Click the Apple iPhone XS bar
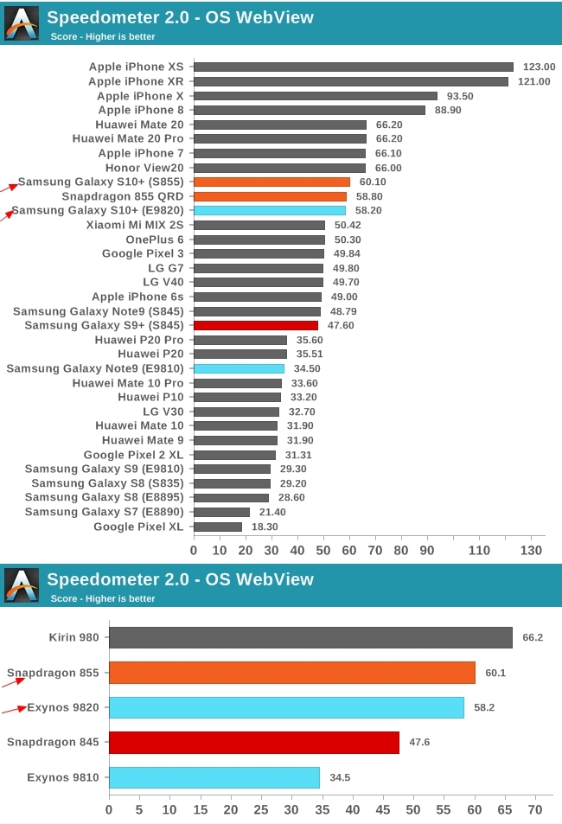point(354,67)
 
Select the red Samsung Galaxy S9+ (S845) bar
point(256,325)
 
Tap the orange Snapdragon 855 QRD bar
point(270,196)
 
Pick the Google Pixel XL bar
point(218,527)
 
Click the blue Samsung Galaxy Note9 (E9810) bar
point(239,368)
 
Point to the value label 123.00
point(540,67)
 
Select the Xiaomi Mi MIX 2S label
point(134,225)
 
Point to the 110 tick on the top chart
point(479,551)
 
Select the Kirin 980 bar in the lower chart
point(310,638)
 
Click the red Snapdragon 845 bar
point(254,742)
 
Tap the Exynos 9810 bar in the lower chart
point(214,777)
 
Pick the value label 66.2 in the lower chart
point(531,638)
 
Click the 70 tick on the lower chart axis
point(535,810)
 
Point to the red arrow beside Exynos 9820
point(13,710)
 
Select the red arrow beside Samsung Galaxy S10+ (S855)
point(8,185)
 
